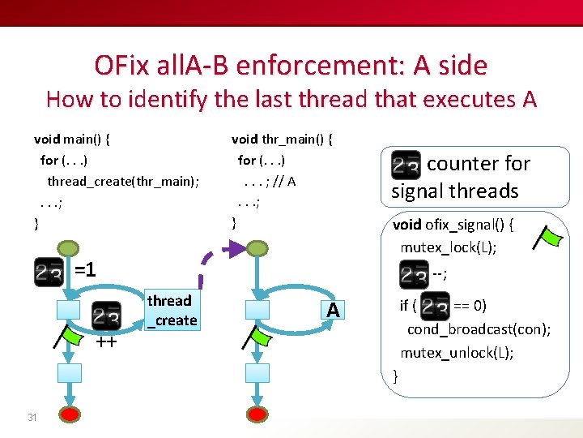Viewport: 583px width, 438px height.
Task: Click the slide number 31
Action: click(32, 418)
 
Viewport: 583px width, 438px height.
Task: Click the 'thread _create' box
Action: click(172, 310)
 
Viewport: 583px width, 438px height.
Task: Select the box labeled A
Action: click(333, 310)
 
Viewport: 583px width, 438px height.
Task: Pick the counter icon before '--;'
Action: click(415, 274)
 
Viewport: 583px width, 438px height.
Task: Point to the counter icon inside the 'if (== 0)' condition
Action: click(435, 307)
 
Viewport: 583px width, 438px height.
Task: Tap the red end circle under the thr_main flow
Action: click(257, 415)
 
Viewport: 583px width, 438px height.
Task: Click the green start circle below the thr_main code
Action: click(257, 249)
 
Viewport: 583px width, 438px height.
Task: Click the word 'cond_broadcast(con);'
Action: click(479, 328)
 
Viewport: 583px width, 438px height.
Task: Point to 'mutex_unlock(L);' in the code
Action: click(457, 353)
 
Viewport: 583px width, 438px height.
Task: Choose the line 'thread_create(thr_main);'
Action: click(123, 181)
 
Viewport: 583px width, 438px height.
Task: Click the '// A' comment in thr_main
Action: click(284, 181)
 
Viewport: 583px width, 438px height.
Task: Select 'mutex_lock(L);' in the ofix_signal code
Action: click(449, 246)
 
